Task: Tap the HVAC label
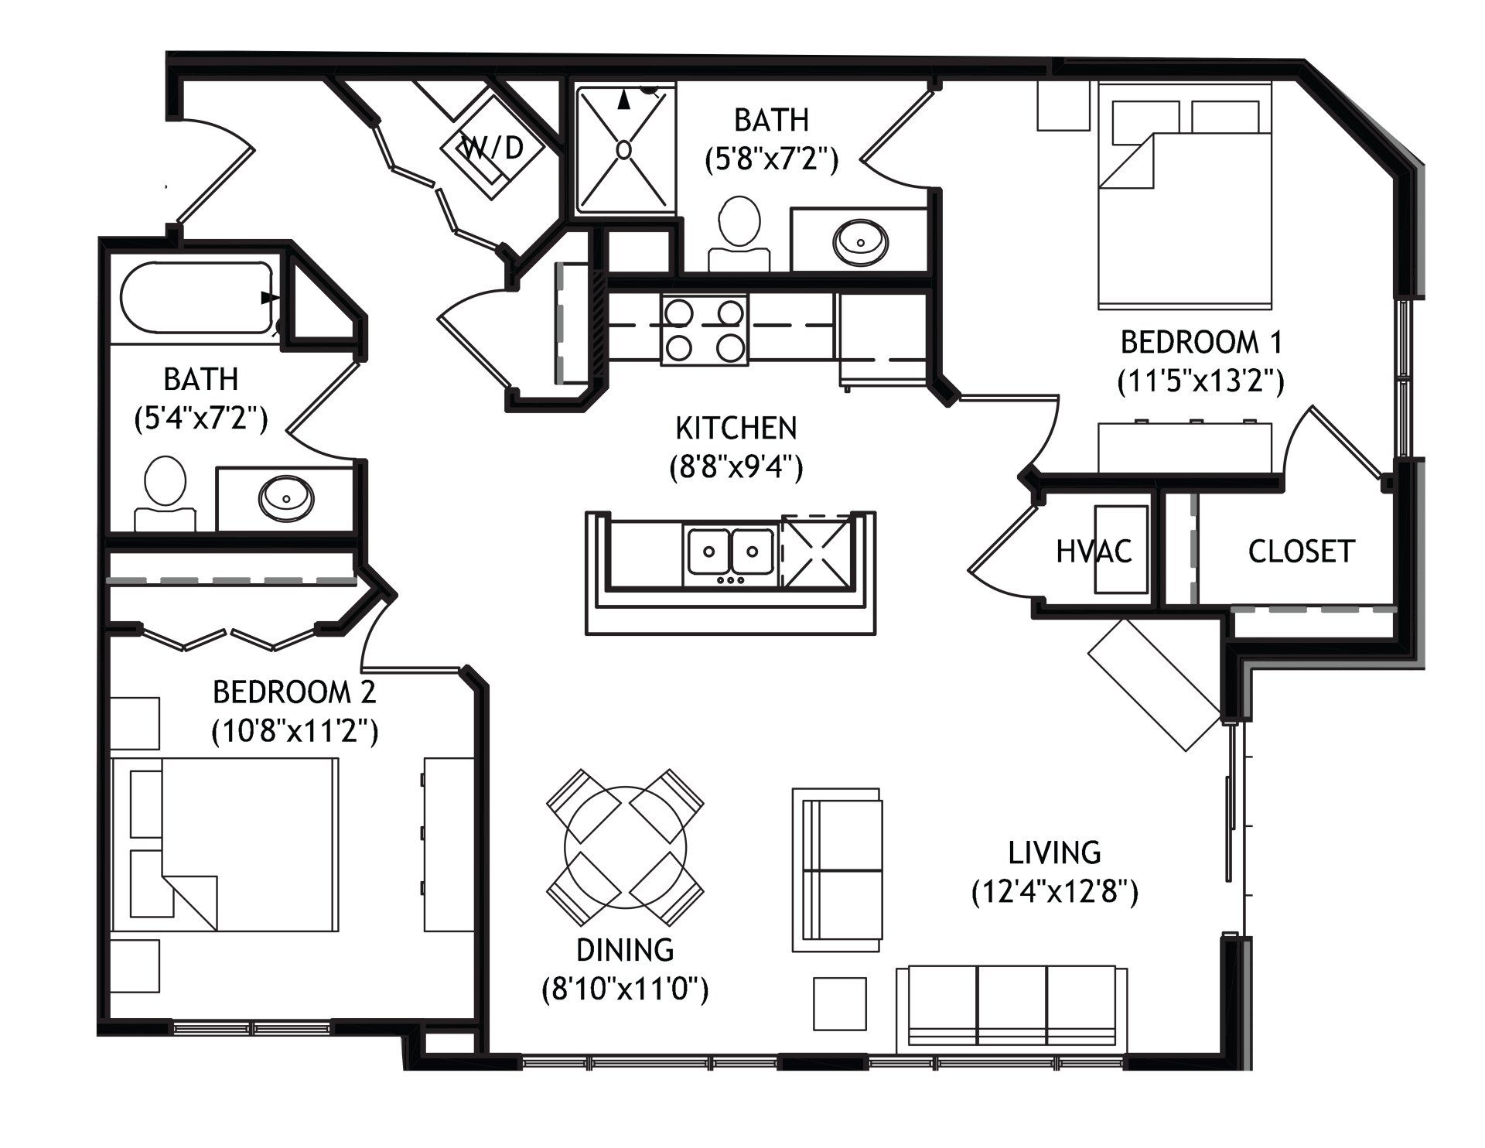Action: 1094,552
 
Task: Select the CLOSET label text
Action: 1301,552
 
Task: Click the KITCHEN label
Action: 736,428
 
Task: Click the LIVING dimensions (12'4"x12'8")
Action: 1054,893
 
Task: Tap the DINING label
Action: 625,949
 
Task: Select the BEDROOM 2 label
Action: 294,692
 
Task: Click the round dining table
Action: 625,848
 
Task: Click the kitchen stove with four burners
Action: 704,330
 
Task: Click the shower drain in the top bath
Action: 623,149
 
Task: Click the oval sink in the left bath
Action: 287,497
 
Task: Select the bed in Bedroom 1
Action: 1185,193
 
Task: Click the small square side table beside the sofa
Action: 839,1004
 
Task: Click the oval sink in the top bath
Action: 860,240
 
